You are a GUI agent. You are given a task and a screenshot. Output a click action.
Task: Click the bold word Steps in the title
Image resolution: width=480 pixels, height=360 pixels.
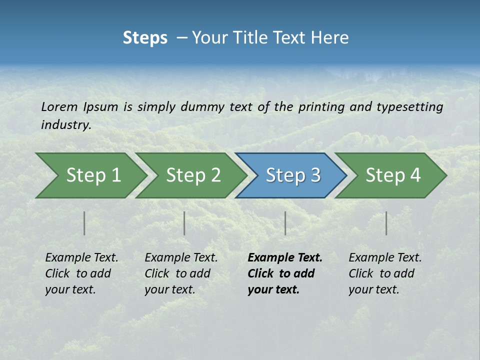point(145,38)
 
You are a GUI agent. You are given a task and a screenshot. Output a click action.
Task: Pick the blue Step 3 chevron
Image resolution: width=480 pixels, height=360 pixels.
point(293,175)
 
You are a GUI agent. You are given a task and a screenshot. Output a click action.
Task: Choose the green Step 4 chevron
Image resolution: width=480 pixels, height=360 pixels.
point(393,175)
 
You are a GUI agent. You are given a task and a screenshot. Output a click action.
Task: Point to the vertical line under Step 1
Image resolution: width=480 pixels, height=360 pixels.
point(84,223)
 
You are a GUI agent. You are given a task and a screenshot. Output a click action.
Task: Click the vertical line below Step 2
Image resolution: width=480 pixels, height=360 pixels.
point(184,223)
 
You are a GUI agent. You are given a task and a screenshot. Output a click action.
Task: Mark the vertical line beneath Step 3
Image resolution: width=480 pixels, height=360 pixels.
point(285,223)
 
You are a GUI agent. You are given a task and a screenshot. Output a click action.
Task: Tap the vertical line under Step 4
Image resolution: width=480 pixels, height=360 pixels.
point(386,223)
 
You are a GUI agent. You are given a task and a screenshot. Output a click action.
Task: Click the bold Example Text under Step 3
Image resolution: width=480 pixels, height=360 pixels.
point(285,258)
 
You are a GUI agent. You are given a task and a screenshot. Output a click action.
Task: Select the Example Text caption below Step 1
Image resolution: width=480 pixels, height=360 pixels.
point(81,258)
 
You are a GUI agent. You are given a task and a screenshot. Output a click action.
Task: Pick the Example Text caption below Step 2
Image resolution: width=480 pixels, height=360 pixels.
point(181,258)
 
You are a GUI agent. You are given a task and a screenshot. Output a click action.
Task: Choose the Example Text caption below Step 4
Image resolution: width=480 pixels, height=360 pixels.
point(385,258)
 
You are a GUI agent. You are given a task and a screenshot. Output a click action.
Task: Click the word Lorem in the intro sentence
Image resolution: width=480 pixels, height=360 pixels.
point(59,107)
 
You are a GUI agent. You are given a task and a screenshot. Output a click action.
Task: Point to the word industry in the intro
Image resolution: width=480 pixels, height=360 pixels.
point(65,125)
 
